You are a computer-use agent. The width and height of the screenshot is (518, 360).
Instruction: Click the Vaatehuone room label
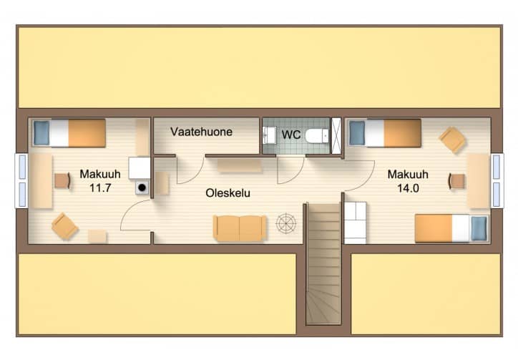(x=202, y=132)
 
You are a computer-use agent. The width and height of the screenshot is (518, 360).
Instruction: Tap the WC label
(x=291, y=135)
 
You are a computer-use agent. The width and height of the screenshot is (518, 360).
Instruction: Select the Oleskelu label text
(x=228, y=193)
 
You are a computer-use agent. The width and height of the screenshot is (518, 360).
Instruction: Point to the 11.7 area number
(x=100, y=188)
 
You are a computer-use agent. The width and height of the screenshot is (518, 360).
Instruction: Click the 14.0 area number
(x=408, y=188)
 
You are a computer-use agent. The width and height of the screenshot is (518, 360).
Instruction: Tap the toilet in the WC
(x=317, y=136)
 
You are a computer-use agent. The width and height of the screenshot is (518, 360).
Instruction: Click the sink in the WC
(x=269, y=135)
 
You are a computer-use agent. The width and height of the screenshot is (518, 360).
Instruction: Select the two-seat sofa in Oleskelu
(x=240, y=228)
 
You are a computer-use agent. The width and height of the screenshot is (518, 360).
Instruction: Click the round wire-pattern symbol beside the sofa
(x=286, y=223)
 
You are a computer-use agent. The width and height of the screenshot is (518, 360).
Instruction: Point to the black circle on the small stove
(x=142, y=188)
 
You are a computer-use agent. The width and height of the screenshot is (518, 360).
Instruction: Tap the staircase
(x=323, y=263)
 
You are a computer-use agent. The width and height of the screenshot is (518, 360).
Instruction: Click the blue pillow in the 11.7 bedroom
(x=41, y=133)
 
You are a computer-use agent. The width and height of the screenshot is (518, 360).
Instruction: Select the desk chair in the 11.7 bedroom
(x=62, y=181)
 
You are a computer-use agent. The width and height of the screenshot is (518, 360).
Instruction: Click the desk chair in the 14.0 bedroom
(x=456, y=181)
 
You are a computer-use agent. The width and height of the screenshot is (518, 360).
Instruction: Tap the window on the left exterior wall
(x=21, y=180)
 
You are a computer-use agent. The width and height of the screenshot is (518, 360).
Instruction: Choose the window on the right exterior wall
(x=497, y=180)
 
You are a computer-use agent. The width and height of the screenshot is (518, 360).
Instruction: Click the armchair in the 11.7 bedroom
(x=64, y=226)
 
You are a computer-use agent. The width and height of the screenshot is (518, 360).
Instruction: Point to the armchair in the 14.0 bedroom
(x=453, y=140)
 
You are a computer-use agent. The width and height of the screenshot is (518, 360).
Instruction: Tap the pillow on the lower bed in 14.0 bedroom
(x=479, y=228)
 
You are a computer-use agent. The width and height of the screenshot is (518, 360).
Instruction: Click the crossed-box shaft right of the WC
(x=336, y=135)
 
